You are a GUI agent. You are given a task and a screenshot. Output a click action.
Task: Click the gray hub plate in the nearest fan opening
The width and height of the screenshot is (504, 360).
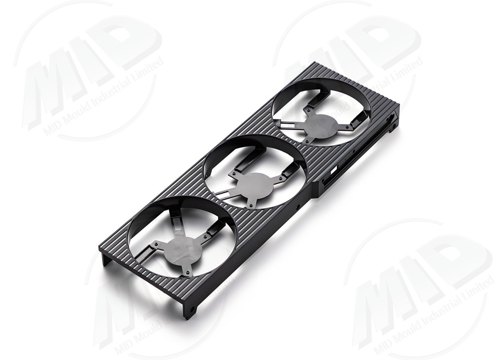click(x=182, y=248)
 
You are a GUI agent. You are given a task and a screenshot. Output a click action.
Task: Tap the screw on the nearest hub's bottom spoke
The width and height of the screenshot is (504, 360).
click(x=186, y=272)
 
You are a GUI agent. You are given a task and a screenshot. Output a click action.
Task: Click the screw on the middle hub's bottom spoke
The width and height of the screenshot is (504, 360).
click(x=250, y=205)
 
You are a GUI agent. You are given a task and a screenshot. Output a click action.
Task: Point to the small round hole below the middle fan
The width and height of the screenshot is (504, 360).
click(x=298, y=207)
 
